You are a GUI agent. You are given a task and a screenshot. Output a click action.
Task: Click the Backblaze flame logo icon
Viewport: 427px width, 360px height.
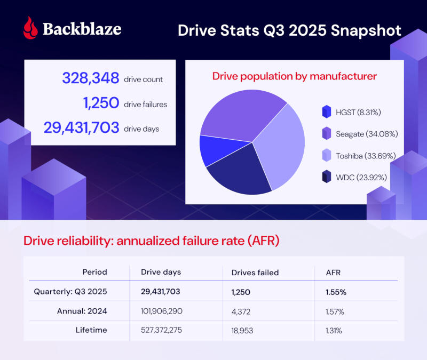point(31,28)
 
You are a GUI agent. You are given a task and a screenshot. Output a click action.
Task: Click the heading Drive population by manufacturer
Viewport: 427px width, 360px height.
point(295,76)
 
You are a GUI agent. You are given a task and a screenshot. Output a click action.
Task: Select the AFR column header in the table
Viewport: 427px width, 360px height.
point(333,272)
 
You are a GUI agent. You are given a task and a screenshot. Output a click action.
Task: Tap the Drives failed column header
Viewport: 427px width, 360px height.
point(255,272)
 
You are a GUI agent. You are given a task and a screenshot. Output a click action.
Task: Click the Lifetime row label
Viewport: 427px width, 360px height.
point(91,330)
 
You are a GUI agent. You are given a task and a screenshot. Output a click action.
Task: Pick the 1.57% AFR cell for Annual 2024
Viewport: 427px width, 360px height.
point(335,311)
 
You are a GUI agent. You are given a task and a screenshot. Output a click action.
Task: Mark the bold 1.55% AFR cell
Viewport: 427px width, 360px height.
point(336,292)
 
